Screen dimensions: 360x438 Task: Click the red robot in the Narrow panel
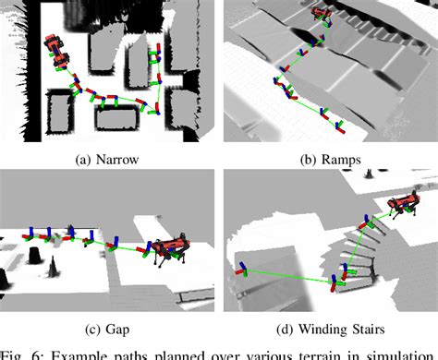tap(52, 45)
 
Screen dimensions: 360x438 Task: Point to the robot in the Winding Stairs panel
tap(403, 208)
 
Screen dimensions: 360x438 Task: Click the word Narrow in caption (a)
tap(116, 160)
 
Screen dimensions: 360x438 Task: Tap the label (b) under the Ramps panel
tap(308, 160)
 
